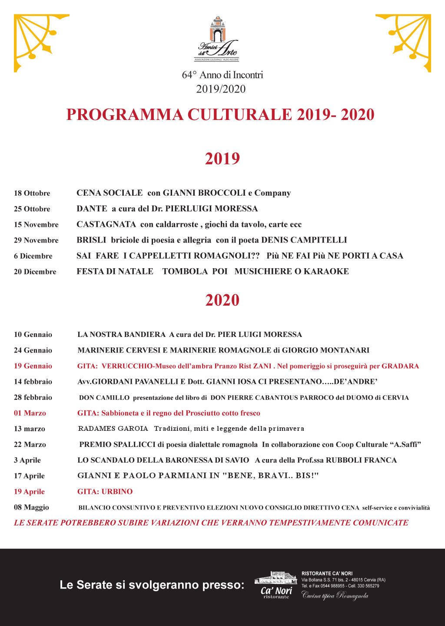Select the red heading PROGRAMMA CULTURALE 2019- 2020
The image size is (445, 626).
tap(220, 115)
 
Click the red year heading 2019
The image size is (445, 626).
tap(222, 159)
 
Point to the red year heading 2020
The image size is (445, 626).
tap(222, 300)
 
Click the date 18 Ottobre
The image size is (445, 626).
tap(32, 193)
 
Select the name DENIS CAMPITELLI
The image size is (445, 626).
tap(304, 240)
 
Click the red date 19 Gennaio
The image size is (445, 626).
tap(33, 366)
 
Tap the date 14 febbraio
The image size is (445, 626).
tap(33, 382)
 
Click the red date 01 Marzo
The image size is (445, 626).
tap(30, 413)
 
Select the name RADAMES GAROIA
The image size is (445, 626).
tap(113, 429)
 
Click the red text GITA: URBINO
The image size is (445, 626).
tap(105, 492)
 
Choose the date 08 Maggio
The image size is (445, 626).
tap(31, 507)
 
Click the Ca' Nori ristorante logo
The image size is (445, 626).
tap(276, 585)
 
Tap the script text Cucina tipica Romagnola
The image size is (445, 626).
tap(335, 596)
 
